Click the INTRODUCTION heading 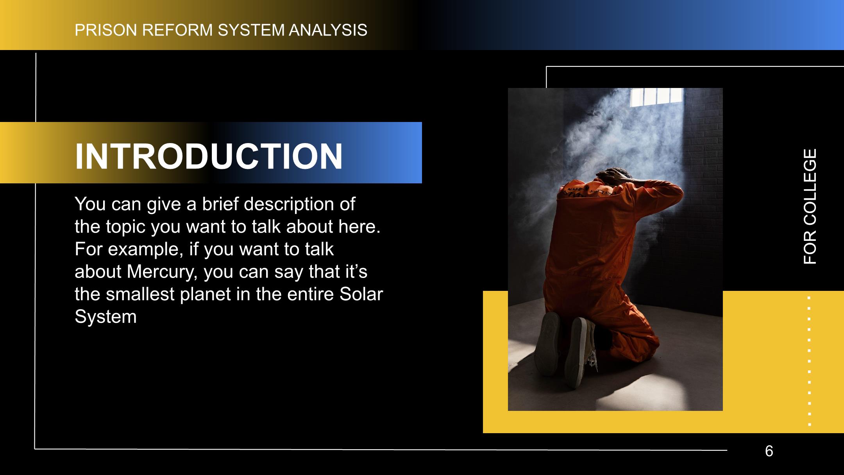point(209,156)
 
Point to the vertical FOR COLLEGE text point(810,206)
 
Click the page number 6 point(769,451)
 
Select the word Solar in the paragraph point(361,294)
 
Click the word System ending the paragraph point(105,317)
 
